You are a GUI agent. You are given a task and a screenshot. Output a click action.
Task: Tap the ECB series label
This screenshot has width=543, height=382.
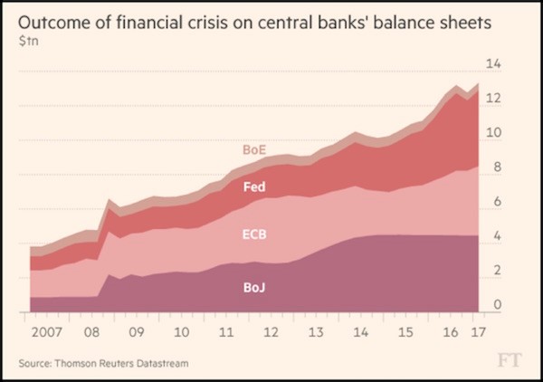pos(253,234)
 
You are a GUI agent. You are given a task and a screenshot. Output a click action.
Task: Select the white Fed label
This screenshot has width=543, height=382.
pos(254,187)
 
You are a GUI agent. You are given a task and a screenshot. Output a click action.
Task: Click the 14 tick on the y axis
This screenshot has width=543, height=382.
pos(494,64)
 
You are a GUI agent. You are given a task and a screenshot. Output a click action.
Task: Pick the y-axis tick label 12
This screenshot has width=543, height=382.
pos(494,99)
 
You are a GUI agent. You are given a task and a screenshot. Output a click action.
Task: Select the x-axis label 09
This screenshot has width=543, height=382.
pos(134,331)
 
